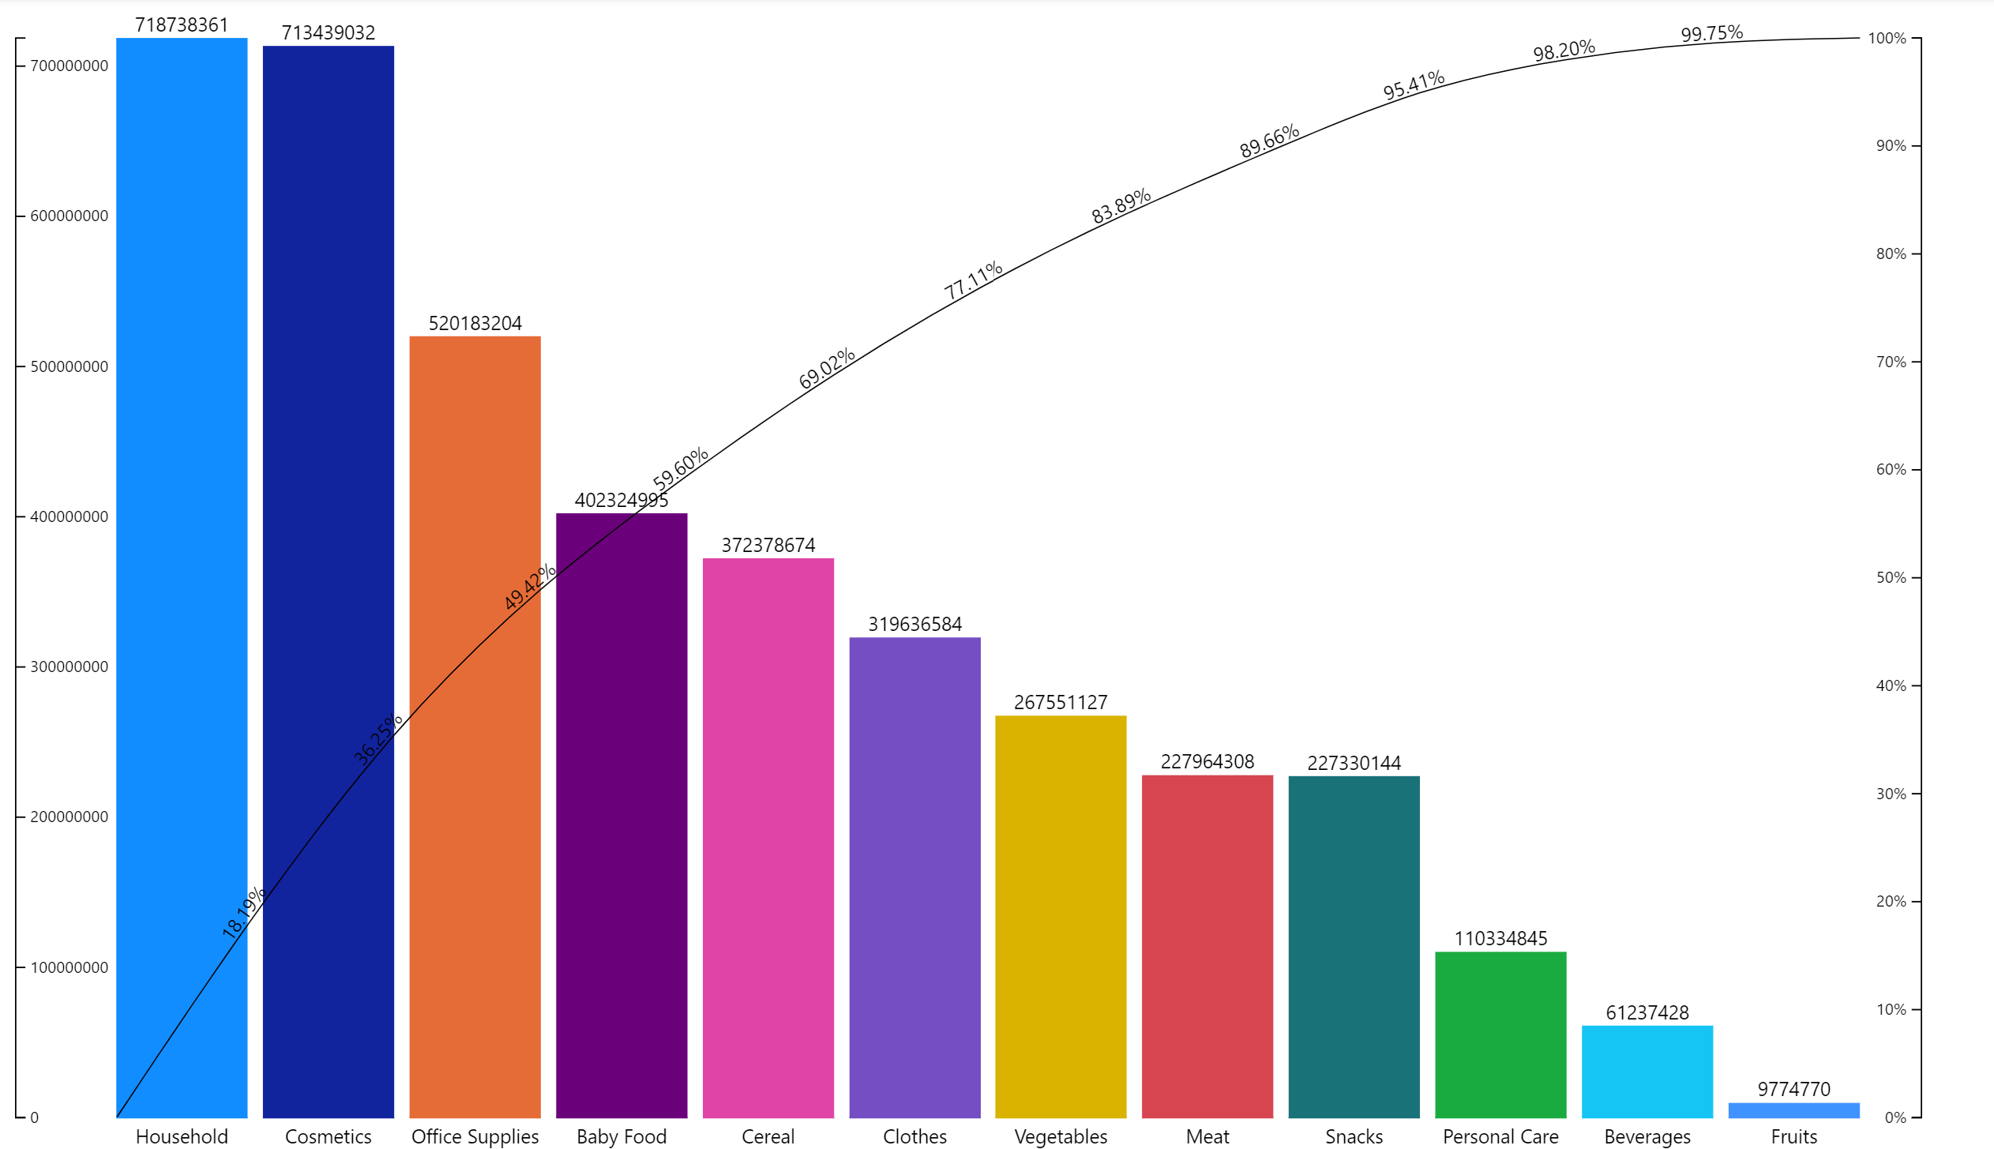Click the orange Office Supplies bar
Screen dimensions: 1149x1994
click(475, 727)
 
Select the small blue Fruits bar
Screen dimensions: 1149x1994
click(1793, 1110)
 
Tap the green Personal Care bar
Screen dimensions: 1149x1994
click(1500, 1034)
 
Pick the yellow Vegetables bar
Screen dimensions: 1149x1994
click(1061, 916)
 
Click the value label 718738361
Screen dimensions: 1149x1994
click(182, 25)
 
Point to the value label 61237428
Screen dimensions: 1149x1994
click(1647, 1012)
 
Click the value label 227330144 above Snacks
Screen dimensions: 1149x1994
click(1354, 763)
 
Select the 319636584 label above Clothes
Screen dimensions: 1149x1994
click(914, 624)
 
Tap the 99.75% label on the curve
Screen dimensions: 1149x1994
click(1711, 34)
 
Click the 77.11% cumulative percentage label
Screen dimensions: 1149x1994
click(973, 280)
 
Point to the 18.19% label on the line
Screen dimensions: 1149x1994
click(243, 913)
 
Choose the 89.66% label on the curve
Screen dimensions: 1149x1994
click(1269, 141)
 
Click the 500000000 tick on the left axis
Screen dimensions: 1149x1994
click(69, 366)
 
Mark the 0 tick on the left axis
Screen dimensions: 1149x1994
click(34, 1117)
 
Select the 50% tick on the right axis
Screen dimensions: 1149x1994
click(1891, 577)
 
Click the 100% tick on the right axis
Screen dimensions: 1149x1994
click(1887, 38)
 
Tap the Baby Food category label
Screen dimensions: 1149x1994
click(621, 1136)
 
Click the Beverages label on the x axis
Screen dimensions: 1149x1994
click(1647, 1136)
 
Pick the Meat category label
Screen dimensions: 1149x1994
click(1207, 1136)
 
